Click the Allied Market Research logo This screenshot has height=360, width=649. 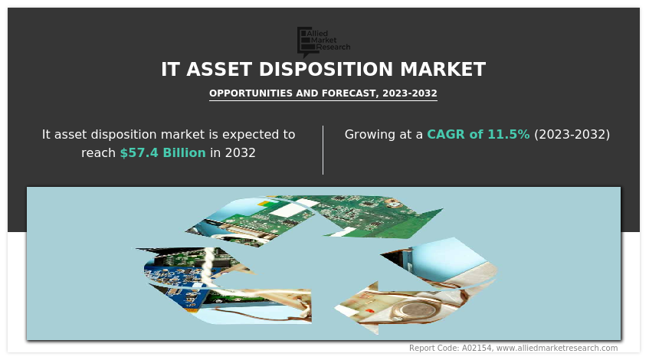[x=323, y=41]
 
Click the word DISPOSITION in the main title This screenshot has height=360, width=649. [x=326, y=69]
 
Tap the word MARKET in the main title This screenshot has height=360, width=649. [x=443, y=69]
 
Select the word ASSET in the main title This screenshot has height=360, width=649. [x=219, y=69]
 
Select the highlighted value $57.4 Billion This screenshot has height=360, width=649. [x=162, y=152]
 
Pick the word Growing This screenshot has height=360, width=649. [x=370, y=135]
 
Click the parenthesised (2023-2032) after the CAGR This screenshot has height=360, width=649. [x=572, y=135]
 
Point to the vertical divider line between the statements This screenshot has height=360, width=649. [x=323, y=150]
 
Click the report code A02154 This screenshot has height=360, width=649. [x=477, y=348]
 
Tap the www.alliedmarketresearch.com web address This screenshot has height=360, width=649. [x=557, y=348]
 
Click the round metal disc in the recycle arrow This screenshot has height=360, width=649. [x=408, y=310]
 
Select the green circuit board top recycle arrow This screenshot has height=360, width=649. [x=315, y=219]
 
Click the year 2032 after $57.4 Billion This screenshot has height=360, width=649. [x=240, y=152]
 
